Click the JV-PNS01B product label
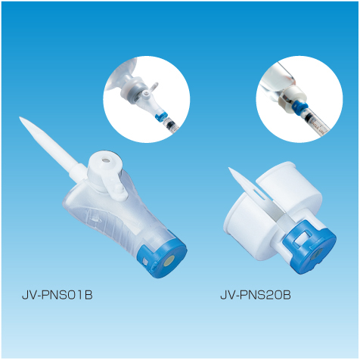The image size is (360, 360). click(x=57, y=295)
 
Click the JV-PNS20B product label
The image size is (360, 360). click(x=256, y=295)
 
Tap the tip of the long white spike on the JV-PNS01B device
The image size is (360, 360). click(x=20, y=117)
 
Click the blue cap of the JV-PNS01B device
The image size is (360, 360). click(x=162, y=258)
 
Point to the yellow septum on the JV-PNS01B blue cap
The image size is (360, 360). click(x=169, y=261)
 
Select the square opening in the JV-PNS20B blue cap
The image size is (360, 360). click(x=303, y=238)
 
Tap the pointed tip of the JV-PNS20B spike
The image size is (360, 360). click(x=229, y=169)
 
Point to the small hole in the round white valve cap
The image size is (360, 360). click(x=105, y=160)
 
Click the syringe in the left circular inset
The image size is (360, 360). click(x=171, y=126)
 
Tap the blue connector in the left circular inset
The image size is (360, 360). click(x=160, y=116)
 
